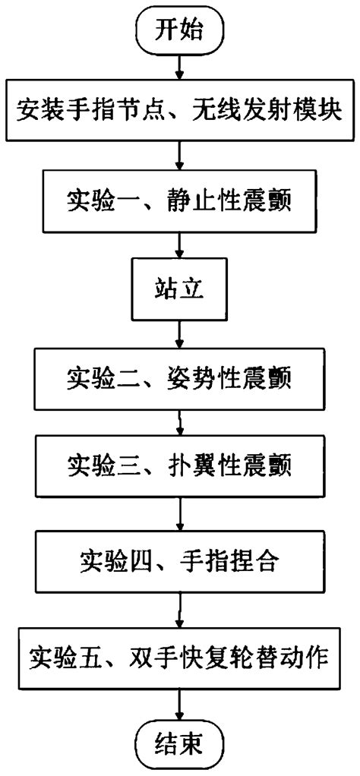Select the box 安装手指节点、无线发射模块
[x=179, y=115]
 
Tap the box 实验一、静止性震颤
[x=179, y=202]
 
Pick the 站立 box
[x=179, y=289]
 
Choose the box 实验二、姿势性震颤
[x=179, y=377]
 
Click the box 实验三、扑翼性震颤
[x=179, y=464]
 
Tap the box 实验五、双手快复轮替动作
[x=179, y=654]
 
